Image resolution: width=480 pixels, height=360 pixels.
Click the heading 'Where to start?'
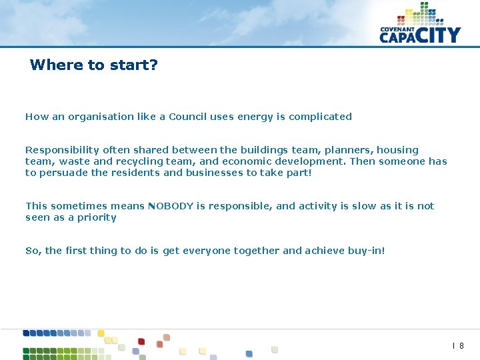(x=94, y=65)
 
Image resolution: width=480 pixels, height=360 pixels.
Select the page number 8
(x=461, y=346)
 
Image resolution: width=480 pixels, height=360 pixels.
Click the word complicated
(x=320, y=117)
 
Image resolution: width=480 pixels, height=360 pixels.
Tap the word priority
(x=96, y=217)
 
